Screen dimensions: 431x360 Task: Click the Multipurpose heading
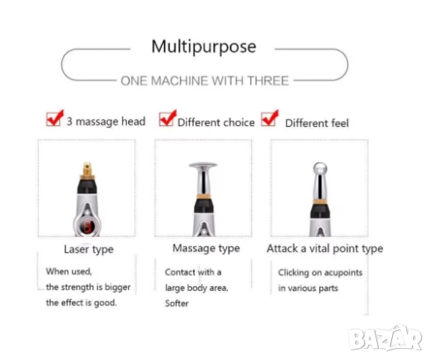(x=204, y=46)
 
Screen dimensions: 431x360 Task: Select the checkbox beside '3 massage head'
(x=53, y=119)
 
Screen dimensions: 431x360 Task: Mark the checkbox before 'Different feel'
(x=268, y=118)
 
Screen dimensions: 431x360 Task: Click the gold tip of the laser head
(x=87, y=170)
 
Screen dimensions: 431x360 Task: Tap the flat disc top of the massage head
(x=203, y=165)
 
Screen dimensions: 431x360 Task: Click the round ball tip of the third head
(x=319, y=168)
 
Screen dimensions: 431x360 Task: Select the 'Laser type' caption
(x=88, y=249)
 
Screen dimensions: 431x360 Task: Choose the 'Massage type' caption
(x=206, y=248)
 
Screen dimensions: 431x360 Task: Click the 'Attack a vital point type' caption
(x=325, y=248)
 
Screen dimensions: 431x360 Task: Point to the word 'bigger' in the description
(x=118, y=287)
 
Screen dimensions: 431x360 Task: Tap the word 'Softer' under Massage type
(x=177, y=303)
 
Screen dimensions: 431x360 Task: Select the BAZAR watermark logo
(x=385, y=338)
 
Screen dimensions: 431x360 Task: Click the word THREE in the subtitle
(x=268, y=81)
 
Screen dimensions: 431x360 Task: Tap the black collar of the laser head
(x=87, y=186)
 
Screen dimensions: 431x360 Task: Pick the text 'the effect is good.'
(x=81, y=303)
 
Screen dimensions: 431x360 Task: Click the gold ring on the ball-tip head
(x=319, y=202)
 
